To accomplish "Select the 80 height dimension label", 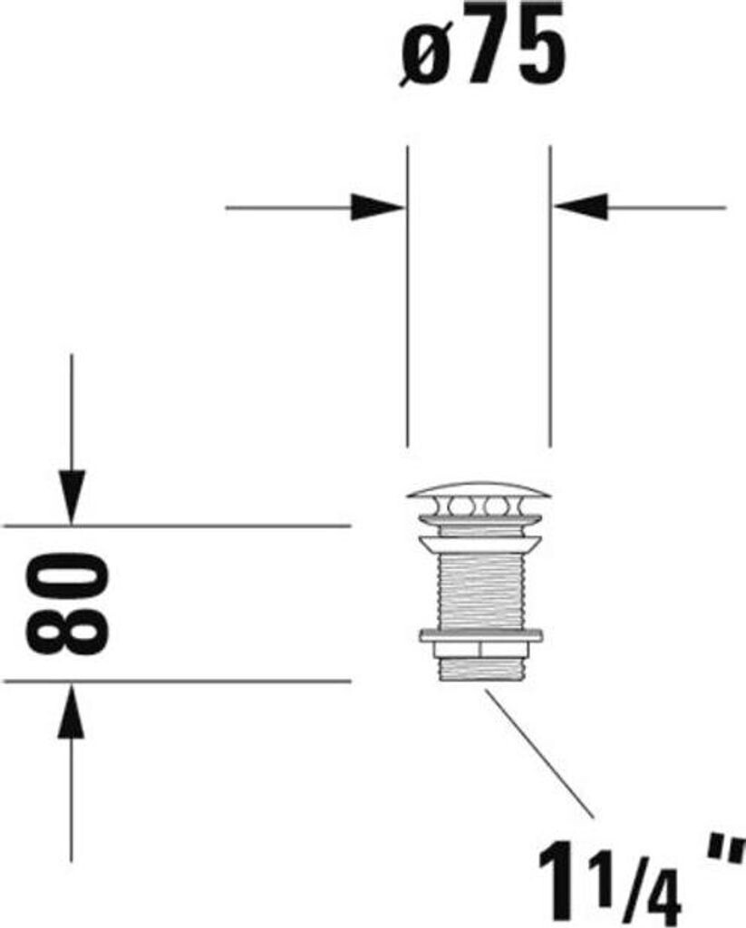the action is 68,604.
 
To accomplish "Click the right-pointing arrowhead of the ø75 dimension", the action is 379,208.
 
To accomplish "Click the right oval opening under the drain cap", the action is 496,506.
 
